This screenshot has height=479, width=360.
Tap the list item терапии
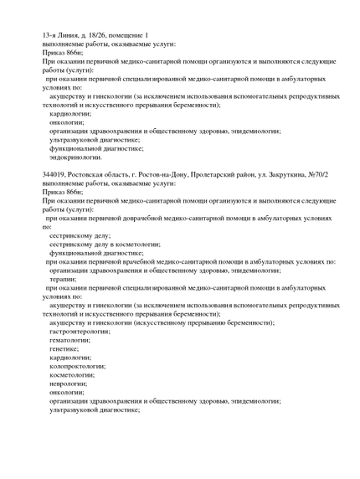(63, 279)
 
